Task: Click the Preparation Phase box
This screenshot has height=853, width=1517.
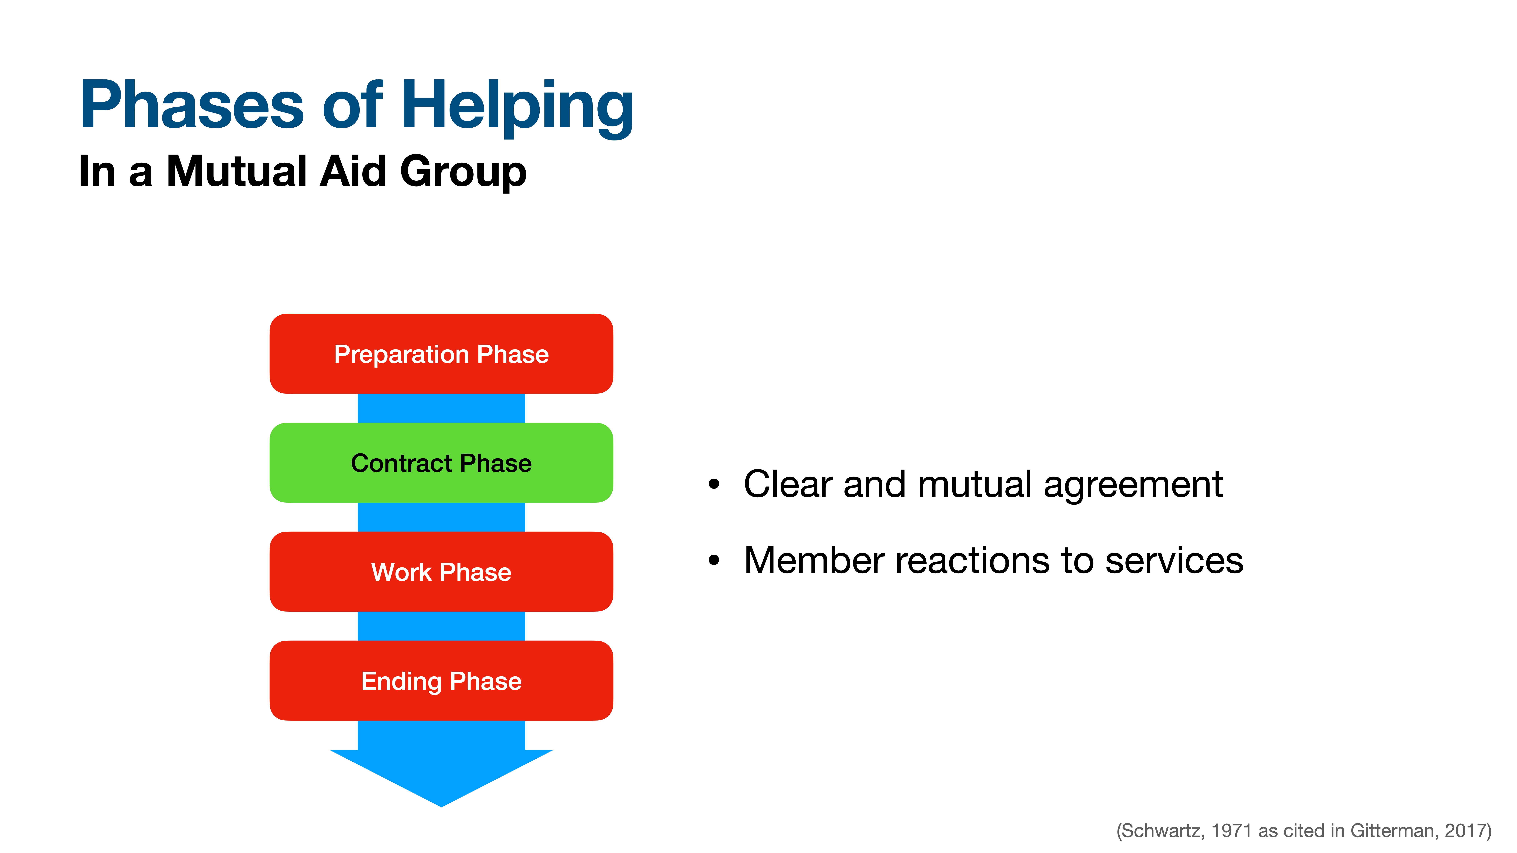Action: click(x=441, y=354)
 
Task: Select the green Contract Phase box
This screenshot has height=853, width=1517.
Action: click(x=441, y=463)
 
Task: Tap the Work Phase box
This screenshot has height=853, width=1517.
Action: click(x=441, y=572)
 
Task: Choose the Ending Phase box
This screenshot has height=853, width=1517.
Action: click(x=441, y=681)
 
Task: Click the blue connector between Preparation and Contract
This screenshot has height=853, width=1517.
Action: click(x=441, y=408)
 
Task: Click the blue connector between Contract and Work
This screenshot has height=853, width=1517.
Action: click(x=441, y=517)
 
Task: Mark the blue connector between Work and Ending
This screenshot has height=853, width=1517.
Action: click(x=441, y=626)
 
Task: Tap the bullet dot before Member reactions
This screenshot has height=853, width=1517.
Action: click(x=714, y=561)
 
